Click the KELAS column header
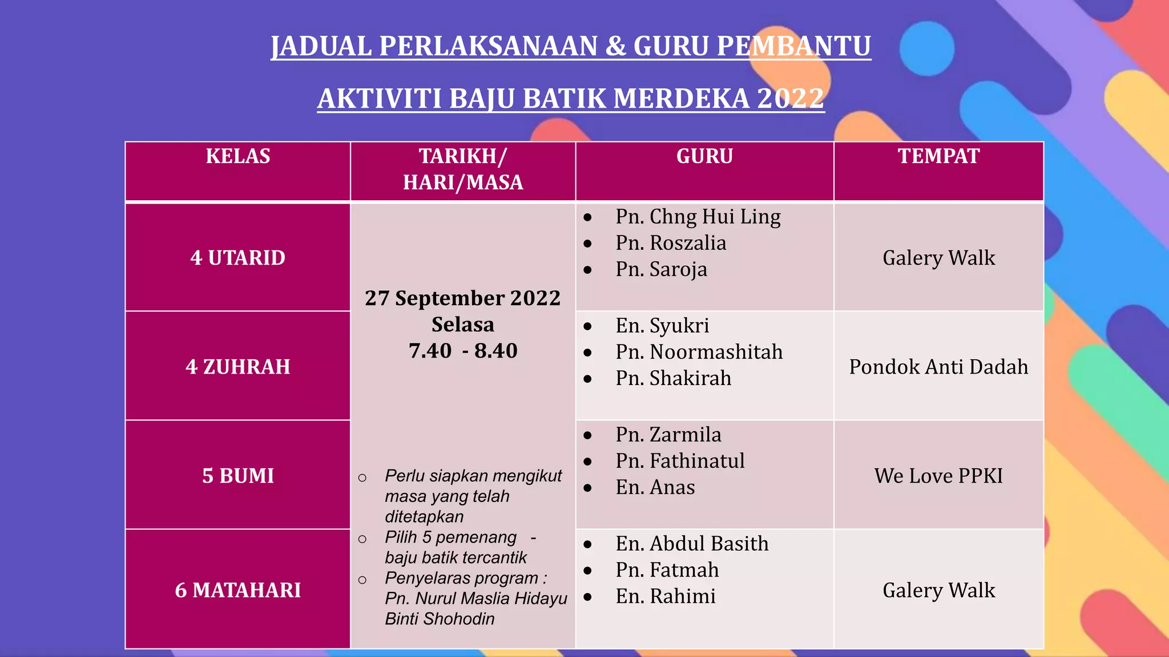click(x=238, y=156)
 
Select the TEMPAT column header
click(x=938, y=156)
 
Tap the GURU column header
click(x=704, y=156)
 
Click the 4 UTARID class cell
click(x=238, y=258)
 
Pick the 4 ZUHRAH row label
click(x=238, y=367)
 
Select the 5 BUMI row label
click(x=238, y=476)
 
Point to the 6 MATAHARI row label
click(x=238, y=590)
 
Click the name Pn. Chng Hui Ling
click(x=698, y=217)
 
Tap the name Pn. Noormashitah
click(x=699, y=352)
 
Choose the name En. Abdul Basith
click(x=692, y=544)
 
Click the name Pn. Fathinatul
click(x=680, y=461)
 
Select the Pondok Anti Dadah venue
click(x=938, y=367)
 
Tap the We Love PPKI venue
click(x=938, y=476)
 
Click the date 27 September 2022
click(x=463, y=298)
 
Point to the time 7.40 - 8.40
click(x=463, y=351)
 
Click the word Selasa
click(x=463, y=325)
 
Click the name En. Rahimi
click(x=666, y=596)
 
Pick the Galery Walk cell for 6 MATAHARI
click(x=938, y=590)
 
